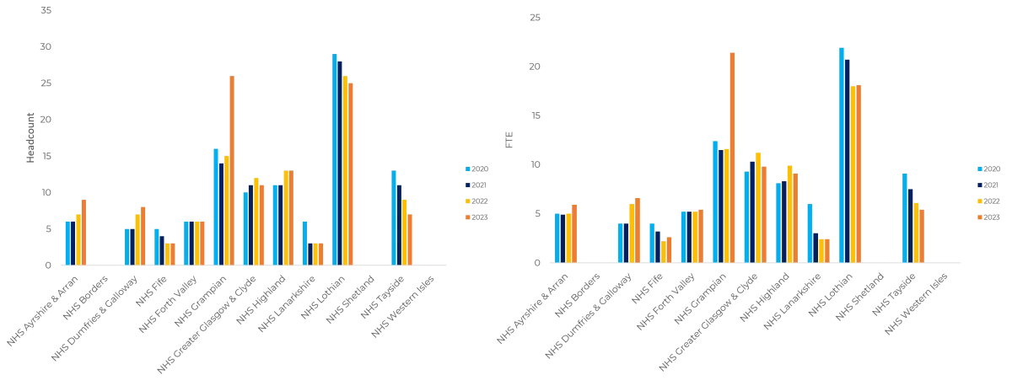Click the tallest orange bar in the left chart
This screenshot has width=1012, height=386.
click(x=233, y=169)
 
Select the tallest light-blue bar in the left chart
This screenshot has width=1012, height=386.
click(x=334, y=160)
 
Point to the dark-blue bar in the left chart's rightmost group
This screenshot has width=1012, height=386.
click(x=401, y=223)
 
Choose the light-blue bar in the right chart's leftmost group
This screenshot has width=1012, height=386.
click(x=557, y=236)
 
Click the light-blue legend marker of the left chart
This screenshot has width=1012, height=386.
click(x=467, y=169)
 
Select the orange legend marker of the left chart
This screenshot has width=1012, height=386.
click(x=467, y=217)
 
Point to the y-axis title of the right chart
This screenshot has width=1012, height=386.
click(x=506, y=135)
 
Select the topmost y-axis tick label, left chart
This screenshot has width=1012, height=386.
click(x=46, y=10)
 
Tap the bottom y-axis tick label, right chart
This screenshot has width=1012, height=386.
click(x=538, y=263)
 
